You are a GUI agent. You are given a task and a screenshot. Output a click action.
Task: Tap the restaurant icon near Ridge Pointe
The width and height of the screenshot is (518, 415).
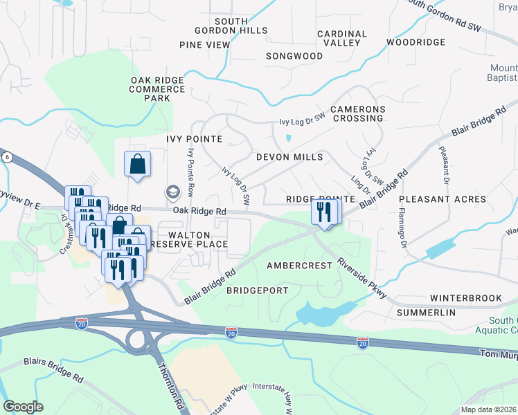(325, 211)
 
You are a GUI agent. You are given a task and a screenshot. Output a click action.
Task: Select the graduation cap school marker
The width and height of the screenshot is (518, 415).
(172, 192)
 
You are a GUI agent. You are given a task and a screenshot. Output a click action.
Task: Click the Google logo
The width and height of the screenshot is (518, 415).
(23, 406)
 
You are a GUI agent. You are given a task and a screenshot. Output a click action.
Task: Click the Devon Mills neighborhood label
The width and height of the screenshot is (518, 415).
(289, 158)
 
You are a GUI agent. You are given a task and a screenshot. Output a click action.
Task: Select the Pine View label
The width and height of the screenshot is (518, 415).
(204, 45)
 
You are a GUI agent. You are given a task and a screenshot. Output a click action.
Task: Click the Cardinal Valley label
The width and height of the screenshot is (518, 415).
(342, 38)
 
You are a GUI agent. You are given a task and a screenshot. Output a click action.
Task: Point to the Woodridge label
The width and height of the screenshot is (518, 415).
(416, 42)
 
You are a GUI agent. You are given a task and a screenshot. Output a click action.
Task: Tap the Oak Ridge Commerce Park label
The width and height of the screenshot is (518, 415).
(157, 89)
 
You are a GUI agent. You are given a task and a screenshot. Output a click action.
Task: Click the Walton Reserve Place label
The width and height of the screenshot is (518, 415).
(193, 239)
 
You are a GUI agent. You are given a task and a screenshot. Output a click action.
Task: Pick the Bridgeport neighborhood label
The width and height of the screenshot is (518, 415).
(257, 290)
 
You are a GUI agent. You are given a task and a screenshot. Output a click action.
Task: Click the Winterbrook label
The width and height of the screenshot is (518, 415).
(465, 298)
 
